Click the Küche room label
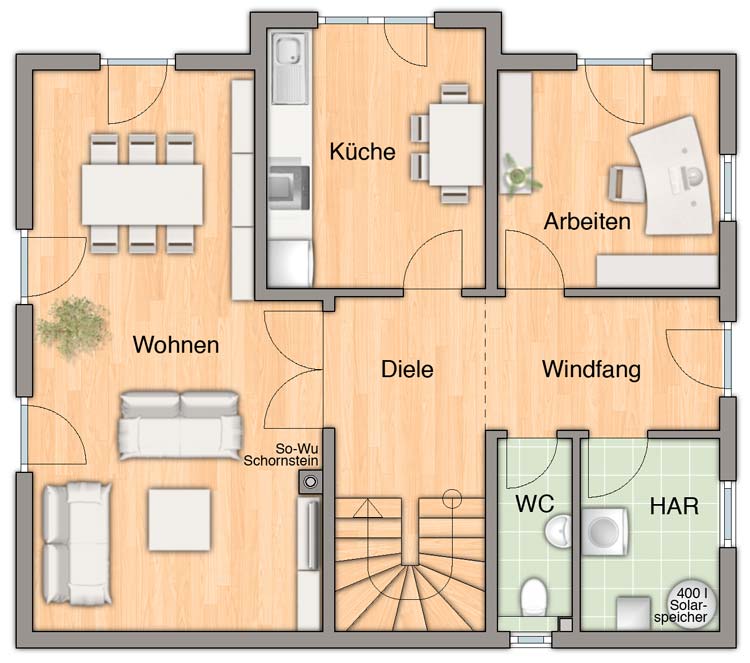point(362,152)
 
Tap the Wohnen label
point(176,344)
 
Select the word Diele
point(407,369)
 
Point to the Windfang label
point(591,369)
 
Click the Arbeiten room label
point(587,221)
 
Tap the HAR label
point(674,506)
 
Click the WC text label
point(534,503)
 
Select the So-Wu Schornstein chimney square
point(310,482)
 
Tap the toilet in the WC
point(533,597)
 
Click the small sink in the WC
point(558,531)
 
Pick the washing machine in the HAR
point(604,531)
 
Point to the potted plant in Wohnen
point(73,328)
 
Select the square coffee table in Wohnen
point(179,519)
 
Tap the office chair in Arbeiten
point(627,183)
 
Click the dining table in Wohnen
point(142,194)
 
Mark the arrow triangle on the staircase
point(367,508)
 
